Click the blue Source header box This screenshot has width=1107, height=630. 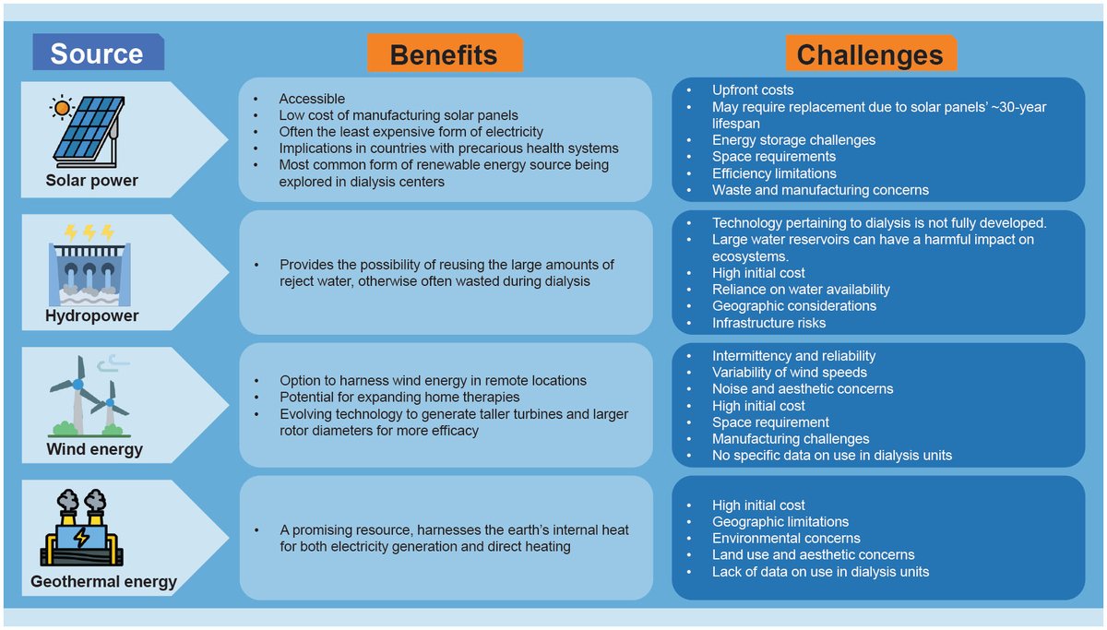pyautogui.click(x=97, y=53)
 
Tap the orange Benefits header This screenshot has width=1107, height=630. pyautogui.click(x=444, y=54)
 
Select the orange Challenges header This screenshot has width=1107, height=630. pyautogui.click(x=870, y=54)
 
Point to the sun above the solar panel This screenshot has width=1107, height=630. pyautogui.click(x=62, y=107)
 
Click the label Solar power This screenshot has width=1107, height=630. pyautogui.click(x=92, y=181)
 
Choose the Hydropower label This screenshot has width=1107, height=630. pyautogui.click(x=91, y=315)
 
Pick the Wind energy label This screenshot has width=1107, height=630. pyautogui.click(x=95, y=449)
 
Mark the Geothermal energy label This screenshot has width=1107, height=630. pyautogui.click(x=103, y=582)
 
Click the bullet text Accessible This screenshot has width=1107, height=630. pyautogui.click(x=312, y=99)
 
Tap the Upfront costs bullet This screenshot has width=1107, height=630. pyautogui.click(x=752, y=90)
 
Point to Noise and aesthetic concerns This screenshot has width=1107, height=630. pyautogui.click(x=802, y=389)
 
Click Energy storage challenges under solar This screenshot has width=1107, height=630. pyautogui.click(x=793, y=140)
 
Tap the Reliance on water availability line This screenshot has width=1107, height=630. pyautogui.click(x=801, y=290)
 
